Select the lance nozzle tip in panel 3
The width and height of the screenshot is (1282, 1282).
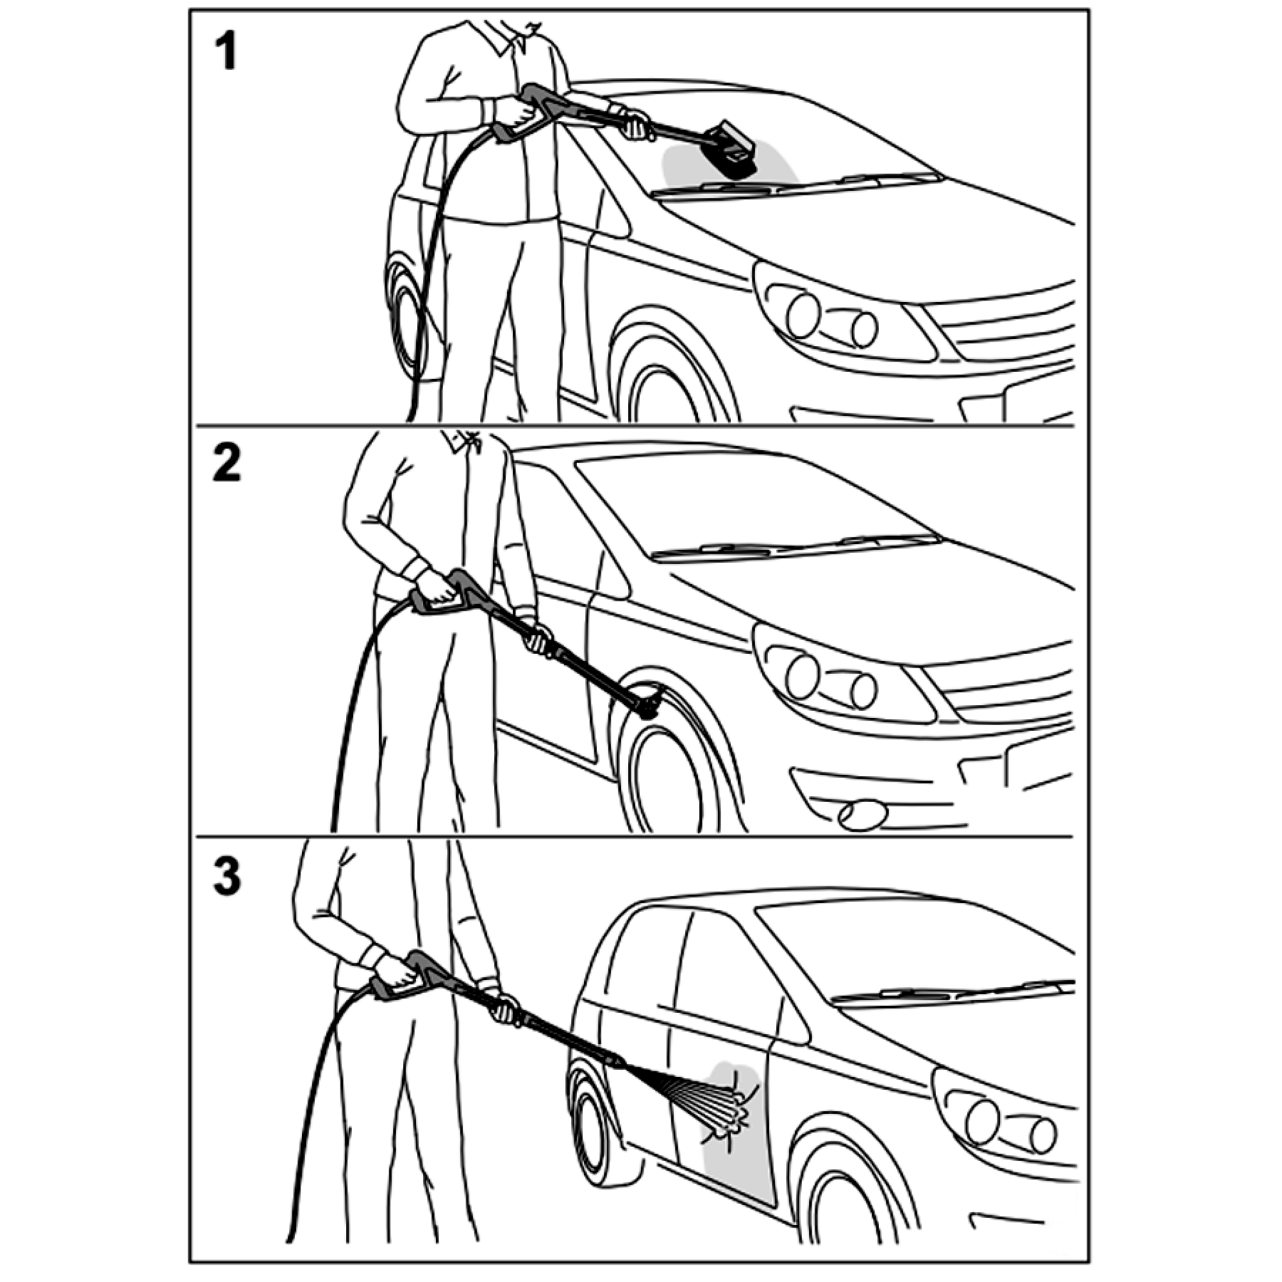[614, 1060]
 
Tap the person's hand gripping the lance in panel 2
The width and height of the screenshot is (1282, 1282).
[538, 637]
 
